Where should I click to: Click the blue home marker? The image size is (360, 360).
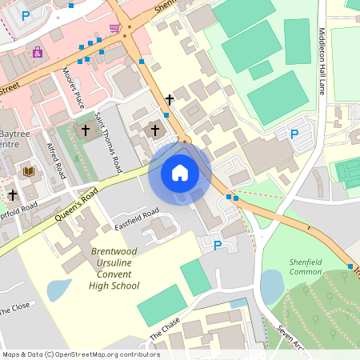(180, 173)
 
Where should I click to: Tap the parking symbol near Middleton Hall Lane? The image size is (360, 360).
(294, 135)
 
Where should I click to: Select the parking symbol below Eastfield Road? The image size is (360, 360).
(217, 245)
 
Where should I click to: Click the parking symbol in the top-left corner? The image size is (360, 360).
(26, 15)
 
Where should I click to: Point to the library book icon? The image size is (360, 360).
(30, 171)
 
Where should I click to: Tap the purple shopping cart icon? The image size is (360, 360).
(115, 29)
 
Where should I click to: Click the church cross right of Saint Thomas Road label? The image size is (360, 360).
(155, 129)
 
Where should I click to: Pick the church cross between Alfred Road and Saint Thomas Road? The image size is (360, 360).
(86, 129)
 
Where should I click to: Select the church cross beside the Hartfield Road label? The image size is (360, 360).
(12, 194)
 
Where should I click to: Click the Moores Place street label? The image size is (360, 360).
(74, 89)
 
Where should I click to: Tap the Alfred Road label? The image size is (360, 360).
(56, 160)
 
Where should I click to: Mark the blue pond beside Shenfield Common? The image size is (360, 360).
(272, 287)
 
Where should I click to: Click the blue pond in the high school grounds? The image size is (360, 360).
(58, 290)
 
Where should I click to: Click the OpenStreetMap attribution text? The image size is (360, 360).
(80, 354)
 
